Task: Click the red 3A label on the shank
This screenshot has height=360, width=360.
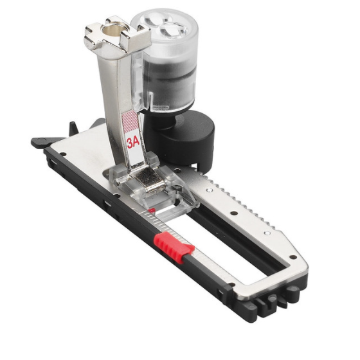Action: point(134,143)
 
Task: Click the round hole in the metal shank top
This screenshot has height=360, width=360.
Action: point(111,30)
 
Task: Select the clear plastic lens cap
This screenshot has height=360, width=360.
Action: point(165,25)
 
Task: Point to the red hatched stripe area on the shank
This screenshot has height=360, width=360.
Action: point(130,121)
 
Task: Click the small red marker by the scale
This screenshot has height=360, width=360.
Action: point(152,210)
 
